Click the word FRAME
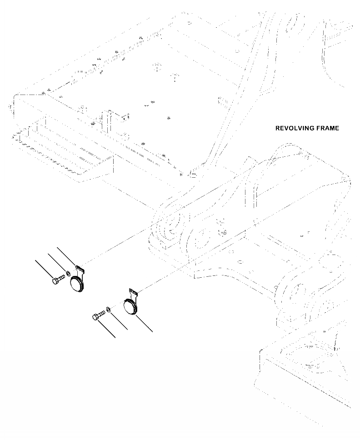[327, 128]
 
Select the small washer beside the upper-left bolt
[68, 274]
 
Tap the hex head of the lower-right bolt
[96, 317]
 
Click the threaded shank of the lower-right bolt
[102, 313]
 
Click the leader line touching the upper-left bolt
[46, 268]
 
